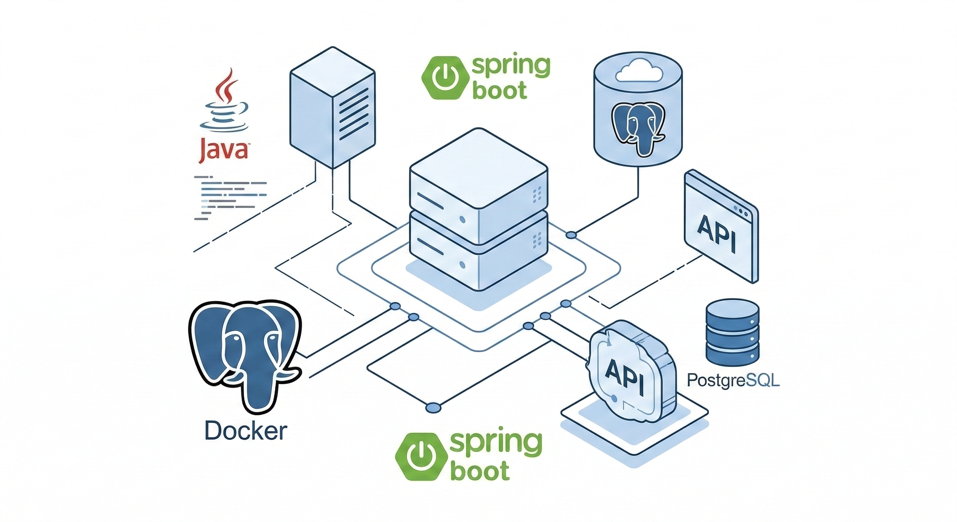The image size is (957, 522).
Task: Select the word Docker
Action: coord(246,431)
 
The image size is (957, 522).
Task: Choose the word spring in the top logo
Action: coord(510,67)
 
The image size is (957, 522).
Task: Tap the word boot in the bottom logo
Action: coord(480,471)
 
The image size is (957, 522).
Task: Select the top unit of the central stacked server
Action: coord(478,178)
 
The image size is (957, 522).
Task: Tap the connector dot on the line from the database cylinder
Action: coord(571,235)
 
